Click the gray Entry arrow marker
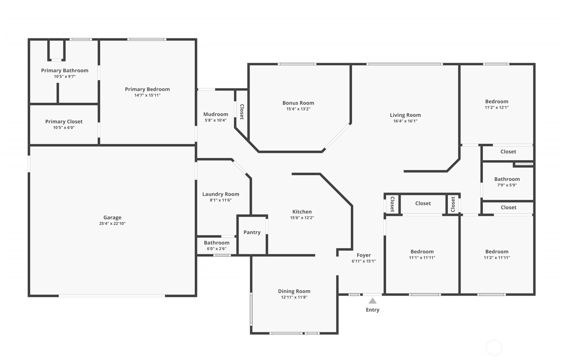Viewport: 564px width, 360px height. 372,301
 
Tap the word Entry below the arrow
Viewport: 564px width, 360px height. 372,310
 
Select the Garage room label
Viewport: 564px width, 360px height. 112,218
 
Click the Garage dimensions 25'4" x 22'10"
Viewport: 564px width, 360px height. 112,223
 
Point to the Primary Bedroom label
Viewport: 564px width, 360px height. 147,89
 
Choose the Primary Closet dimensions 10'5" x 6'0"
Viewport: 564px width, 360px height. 64,127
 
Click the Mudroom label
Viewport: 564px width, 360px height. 216,114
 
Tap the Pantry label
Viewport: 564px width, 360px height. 252,233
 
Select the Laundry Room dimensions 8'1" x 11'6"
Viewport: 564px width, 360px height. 221,200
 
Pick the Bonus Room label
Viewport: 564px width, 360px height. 298,103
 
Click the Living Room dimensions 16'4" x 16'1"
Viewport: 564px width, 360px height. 405,121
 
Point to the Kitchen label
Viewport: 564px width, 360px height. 302,212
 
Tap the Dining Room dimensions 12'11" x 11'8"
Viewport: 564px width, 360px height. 294,297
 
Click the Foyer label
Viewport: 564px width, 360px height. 364,255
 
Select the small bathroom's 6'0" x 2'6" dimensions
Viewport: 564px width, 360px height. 217,249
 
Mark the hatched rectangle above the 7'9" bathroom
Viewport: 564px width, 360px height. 524,164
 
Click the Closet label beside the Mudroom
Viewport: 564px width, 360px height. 242,112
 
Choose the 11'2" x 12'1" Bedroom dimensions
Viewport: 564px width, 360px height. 497,107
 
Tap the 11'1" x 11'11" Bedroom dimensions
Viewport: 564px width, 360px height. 422,258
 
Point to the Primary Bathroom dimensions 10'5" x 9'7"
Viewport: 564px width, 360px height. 65,76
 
